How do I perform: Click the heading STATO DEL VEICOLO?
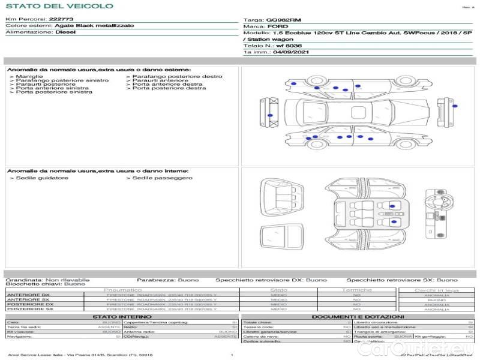point(59,7)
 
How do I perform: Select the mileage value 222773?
point(61,20)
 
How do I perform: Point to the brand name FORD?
point(275,27)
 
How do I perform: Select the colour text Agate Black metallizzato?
point(89,26)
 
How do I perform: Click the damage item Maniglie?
point(29,77)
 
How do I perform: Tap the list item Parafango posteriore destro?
point(178,77)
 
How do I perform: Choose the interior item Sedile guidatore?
point(42,178)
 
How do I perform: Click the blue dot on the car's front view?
point(270,114)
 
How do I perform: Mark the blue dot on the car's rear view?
point(455,107)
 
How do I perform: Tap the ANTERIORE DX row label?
point(28,295)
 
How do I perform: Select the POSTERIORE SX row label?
point(29,310)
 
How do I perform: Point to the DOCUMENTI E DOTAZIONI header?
point(358,317)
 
